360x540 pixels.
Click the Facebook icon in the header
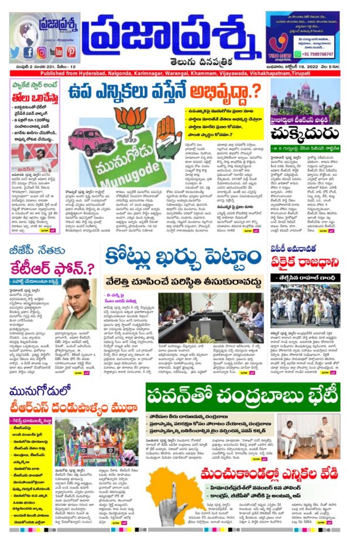pos(28,52)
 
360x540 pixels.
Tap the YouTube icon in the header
pos(57,52)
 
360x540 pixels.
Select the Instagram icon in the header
pos(42,52)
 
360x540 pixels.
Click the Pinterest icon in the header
pos(71,52)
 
